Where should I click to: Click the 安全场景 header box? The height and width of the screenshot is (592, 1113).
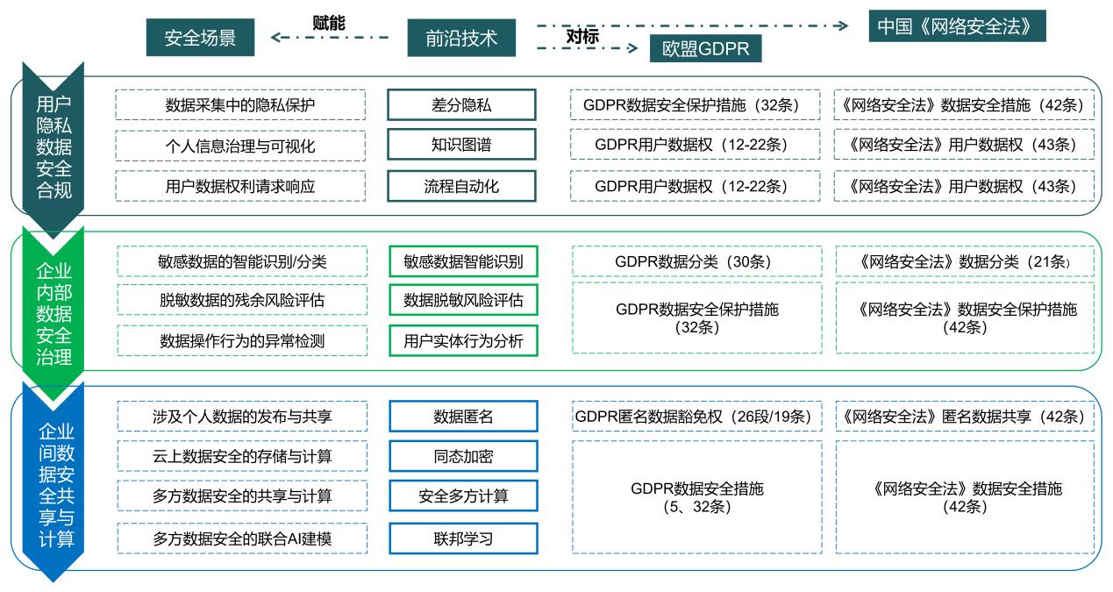click(x=200, y=38)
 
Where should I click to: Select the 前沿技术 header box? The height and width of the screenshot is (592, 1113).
click(x=461, y=38)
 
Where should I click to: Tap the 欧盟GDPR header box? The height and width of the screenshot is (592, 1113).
click(x=705, y=48)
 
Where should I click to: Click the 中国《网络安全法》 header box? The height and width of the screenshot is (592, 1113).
click(x=957, y=25)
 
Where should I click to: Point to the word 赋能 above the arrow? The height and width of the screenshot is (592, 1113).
click(x=328, y=23)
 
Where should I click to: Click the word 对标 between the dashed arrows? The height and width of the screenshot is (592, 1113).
click(x=582, y=36)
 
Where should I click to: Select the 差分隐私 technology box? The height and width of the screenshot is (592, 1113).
click(x=461, y=105)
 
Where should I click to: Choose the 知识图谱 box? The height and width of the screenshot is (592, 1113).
click(x=461, y=145)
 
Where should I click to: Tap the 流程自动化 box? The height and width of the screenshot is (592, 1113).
click(x=461, y=186)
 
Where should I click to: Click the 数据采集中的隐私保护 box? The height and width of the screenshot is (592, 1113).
click(x=240, y=105)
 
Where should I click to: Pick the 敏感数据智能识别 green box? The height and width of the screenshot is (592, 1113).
click(x=464, y=261)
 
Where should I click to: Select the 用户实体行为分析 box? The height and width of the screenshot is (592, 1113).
click(x=464, y=341)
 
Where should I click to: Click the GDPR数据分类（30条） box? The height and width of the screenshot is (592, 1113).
click(x=696, y=261)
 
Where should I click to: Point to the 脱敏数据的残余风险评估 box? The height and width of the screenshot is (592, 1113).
click(x=242, y=300)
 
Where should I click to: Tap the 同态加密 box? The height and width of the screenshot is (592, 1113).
click(x=464, y=456)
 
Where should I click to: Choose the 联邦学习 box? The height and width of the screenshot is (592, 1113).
click(x=464, y=539)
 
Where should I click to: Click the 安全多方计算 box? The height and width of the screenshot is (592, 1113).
click(x=464, y=496)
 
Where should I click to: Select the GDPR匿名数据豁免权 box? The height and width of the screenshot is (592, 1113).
click(x=696, y=416)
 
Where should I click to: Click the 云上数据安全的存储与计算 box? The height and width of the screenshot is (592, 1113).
click(x=242, y=456)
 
